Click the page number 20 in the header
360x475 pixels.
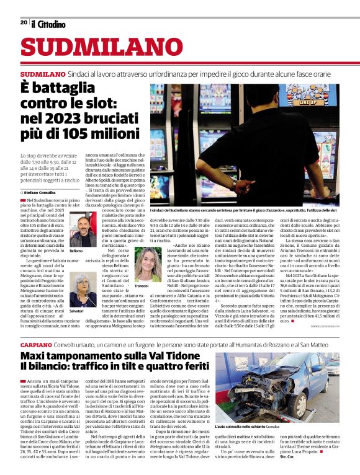pyautogui.click(x=24, y=22)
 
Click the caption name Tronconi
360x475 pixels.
pyautogui.click(x=142, y=286)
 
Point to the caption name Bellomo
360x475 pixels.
pyautogui.click(x=75, y=251)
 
